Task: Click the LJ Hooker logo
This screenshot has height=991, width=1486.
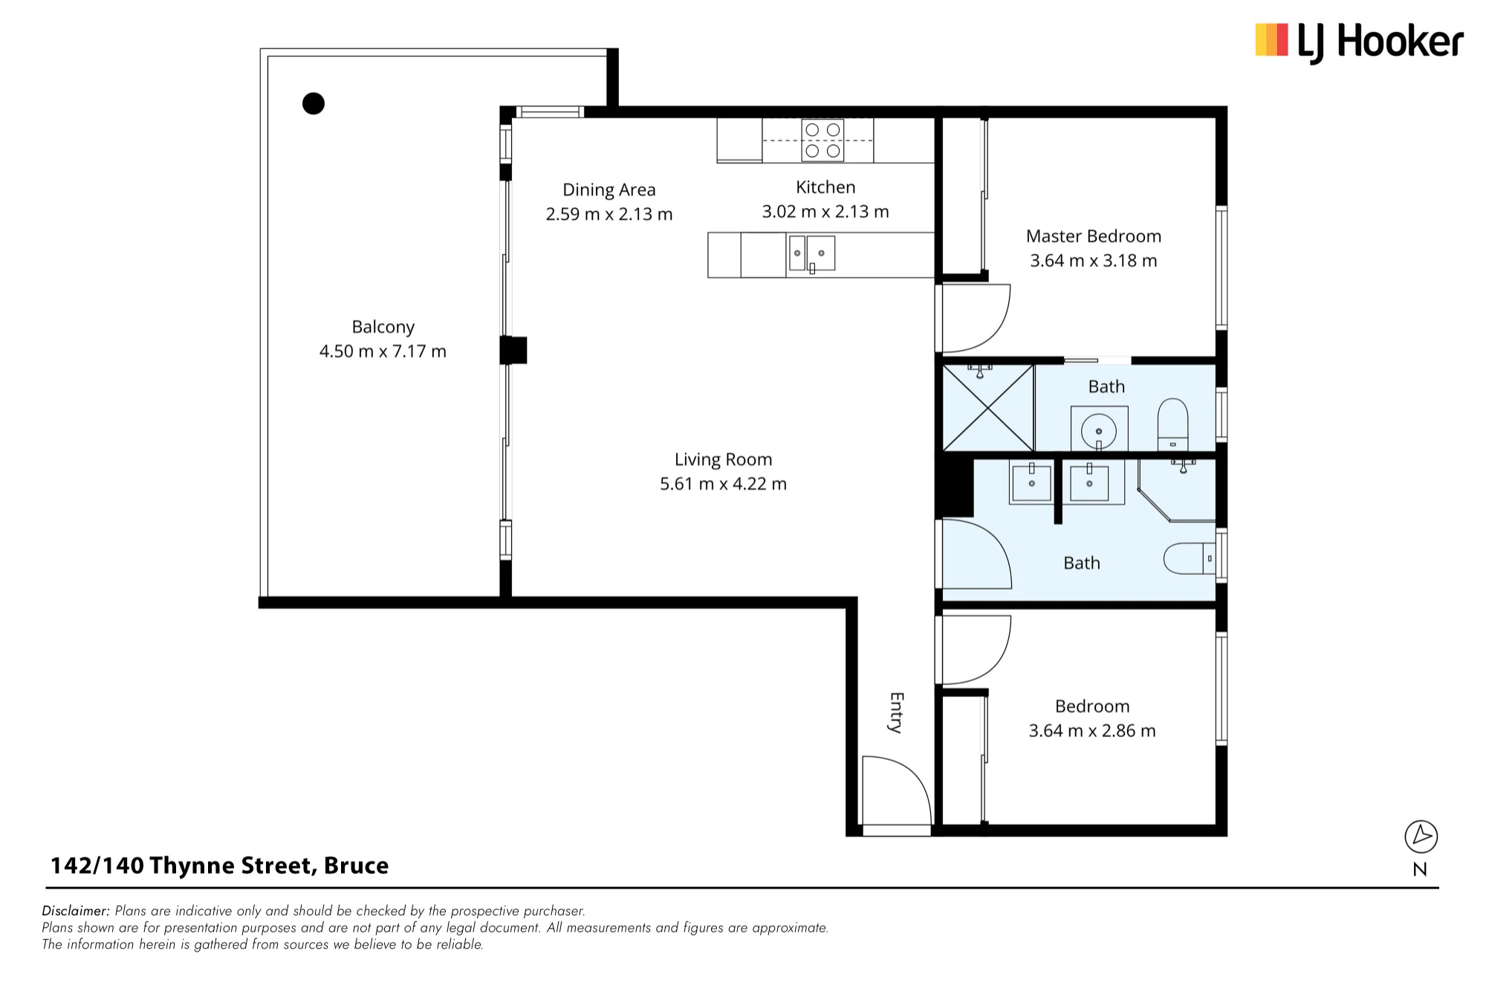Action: [x=1359, y=42]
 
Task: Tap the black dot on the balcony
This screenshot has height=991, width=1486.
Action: [x=314, y=103]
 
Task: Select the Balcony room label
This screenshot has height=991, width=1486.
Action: [x=383, y=327]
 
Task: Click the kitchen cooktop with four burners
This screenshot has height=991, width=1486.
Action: [x=823, y=140]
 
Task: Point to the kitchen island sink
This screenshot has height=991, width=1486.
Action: [x=811, y=253]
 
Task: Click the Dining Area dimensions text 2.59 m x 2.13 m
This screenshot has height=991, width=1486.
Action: [x=609, y=214]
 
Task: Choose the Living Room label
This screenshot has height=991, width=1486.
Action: [x=723, y=459]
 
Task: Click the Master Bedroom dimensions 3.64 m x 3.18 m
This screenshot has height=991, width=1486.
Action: [x=1094, y=261]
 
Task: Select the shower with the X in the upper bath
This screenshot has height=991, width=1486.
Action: [x=988, y=408]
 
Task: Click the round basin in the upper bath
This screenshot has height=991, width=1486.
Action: [x=1099, y=430]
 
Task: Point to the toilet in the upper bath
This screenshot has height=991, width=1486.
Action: [x=1173, y=424]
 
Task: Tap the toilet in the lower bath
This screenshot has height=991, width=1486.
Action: [x=1189, y=559]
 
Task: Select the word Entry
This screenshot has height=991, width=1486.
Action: [x=897, y=712]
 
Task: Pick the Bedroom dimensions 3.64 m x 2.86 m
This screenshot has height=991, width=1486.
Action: [x=1092, y=731]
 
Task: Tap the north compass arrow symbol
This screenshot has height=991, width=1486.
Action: [x=1421, y=837]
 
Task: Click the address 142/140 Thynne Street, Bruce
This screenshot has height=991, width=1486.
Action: [x=219, y=865]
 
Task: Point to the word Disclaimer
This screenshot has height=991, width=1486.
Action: [x=76, y=911]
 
